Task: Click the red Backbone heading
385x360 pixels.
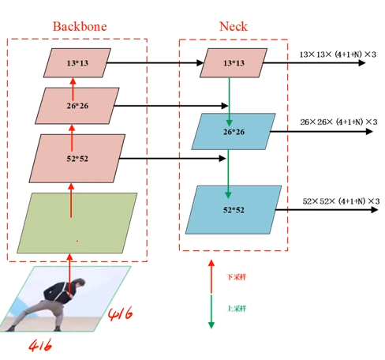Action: [80, 26]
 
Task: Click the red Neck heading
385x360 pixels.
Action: [234, 26]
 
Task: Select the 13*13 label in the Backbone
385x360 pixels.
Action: [77, 63]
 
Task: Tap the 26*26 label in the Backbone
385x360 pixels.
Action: [77, 106]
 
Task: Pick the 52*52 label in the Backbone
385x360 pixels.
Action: [77, 159]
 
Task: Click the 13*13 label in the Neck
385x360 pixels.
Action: [234, 63]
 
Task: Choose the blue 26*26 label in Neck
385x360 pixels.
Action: [234, 132]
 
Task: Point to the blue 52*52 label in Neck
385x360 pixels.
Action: [234, 210]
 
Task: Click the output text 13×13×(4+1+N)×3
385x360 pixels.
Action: [338, 54]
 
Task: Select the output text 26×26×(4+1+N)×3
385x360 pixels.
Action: [338, 122]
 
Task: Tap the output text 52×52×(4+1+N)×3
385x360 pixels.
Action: [341, 201]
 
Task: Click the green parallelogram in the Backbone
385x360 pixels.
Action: [77, 223]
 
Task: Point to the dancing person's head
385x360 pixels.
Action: [80, 283]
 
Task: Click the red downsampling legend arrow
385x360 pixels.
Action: [211, 276]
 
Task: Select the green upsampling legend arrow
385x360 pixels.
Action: [211, 312]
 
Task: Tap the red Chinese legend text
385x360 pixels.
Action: [237, 277]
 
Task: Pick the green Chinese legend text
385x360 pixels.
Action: [237, 308]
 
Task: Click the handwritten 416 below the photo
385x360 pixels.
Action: [40, 346]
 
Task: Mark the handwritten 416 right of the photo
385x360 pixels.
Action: [121, 313]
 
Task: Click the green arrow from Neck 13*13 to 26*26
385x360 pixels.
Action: [230, 102]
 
